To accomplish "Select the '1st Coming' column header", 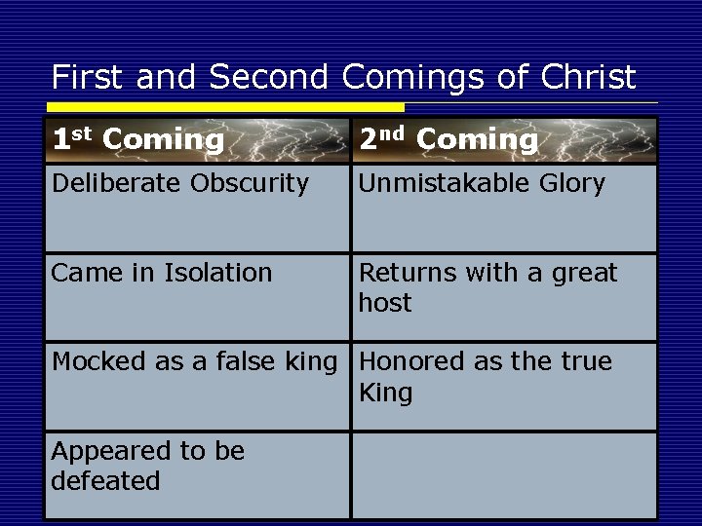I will [x=137, y=140].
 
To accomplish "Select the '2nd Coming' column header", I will [x=448, y=140].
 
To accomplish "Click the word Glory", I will [x=570, y=183].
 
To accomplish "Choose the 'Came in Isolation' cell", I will [x=162, y=274].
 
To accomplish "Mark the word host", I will [x=385, y=303].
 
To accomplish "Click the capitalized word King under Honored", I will [x=386, y=393].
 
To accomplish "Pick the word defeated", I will [x=105, y=481].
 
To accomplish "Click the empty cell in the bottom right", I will [x=504, y=474].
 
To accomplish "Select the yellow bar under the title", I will [x=224, y=106].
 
